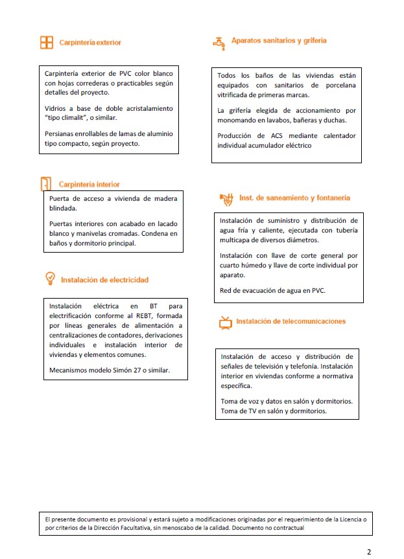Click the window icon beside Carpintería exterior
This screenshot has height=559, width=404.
pyautogui.click(x=46, y=43)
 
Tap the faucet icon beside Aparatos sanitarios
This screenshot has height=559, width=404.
pyautogui.click(x=218, y=42)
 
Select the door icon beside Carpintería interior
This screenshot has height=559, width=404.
pyautogui.click(x=46, y=184)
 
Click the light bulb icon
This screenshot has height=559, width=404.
pyautogui.click(x=49, y=279)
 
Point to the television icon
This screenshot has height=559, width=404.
pyautogui.click(x=225, y=323)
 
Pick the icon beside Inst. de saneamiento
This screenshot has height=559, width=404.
pyautogui.click(x=226, y=198)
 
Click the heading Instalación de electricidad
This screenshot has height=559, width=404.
pyautogui.click(x=104, y=280)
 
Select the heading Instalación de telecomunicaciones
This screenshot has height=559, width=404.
pyautogui.click(x=291, y=321)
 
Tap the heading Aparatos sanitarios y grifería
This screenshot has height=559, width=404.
pyautogui.click(x=279, y=41)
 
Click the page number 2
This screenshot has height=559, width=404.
pyautogui.click(x=369, y=552)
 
